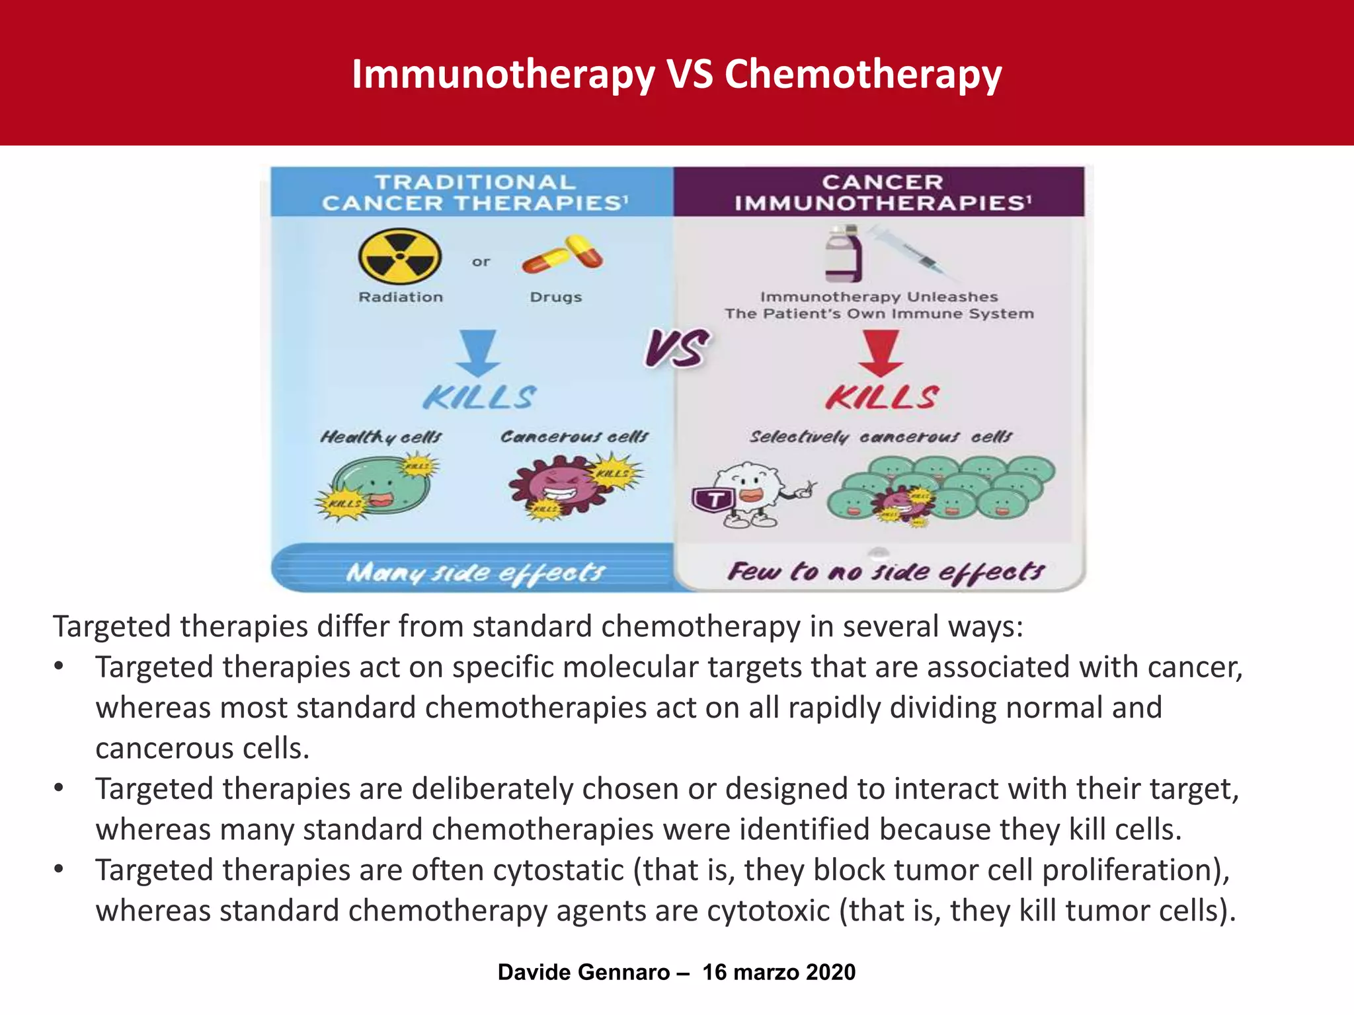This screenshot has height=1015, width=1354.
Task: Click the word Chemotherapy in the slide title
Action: click(863, 74)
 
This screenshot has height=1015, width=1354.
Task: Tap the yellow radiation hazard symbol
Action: click(400, 256)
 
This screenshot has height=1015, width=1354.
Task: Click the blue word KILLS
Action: click(479, 398)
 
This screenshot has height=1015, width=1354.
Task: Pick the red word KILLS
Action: click(882, 398)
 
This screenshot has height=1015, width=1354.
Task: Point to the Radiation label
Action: click(401, 297)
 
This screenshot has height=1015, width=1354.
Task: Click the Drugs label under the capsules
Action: click(556, 297)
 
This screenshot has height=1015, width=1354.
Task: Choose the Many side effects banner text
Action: click(475, 572)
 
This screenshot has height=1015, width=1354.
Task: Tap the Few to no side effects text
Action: click(885, 572)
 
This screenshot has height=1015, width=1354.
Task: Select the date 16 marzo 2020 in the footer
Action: click(779, 972)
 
